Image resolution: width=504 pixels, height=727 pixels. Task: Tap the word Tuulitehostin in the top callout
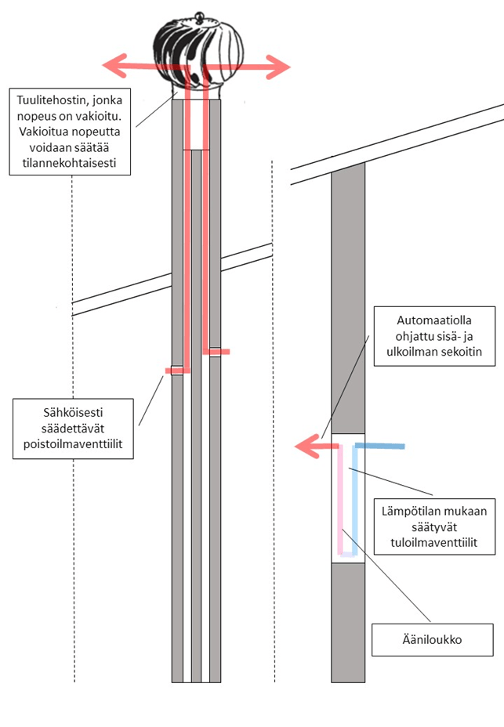[x=53, y=100]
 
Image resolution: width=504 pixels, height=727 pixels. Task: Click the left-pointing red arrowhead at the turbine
[x=111, y=66]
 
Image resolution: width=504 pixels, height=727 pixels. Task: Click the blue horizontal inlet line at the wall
[x=384, y=447]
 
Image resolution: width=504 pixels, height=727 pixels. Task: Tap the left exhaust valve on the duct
[x=177, y=371]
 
